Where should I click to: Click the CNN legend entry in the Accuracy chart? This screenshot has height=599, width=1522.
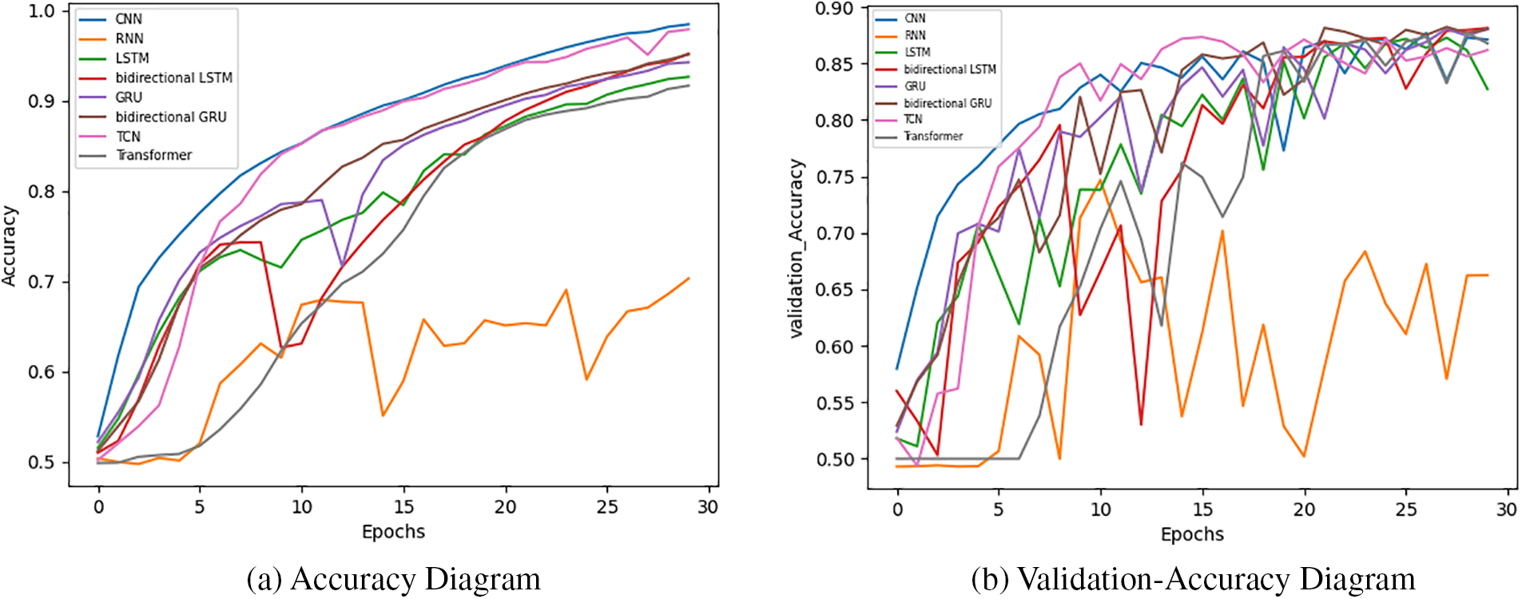point(128,19)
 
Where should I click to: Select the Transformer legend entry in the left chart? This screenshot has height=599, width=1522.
point(153,155)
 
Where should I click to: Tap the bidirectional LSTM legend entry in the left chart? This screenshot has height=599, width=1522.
point(173,77)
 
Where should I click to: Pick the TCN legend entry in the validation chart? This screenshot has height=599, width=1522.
point(912,119)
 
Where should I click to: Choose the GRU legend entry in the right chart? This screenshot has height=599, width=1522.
point(915,85)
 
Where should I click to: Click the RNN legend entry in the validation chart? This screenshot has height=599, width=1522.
point(915,35)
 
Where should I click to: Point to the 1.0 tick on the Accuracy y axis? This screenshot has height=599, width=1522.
point(42,11)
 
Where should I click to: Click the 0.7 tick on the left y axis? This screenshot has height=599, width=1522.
point(42,282)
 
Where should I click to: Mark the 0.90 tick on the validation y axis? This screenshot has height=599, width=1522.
point(834,9)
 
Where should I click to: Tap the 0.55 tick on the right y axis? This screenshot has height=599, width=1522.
point(834,403)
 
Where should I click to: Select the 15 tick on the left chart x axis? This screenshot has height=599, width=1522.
point(403,506)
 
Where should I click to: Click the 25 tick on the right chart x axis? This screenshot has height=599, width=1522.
point(1405,509)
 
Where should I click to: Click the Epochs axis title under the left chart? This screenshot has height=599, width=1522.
point(393,532)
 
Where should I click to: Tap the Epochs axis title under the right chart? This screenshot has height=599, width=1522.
point(1192,534)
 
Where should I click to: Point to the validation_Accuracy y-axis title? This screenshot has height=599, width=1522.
point(797,248)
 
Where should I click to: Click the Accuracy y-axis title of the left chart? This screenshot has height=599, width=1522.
point(10,246)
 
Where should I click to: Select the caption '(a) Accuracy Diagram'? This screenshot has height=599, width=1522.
point(393,579)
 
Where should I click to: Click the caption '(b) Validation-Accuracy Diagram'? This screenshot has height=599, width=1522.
point(1193,579)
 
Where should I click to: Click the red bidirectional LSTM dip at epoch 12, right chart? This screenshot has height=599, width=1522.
point(1141,424)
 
